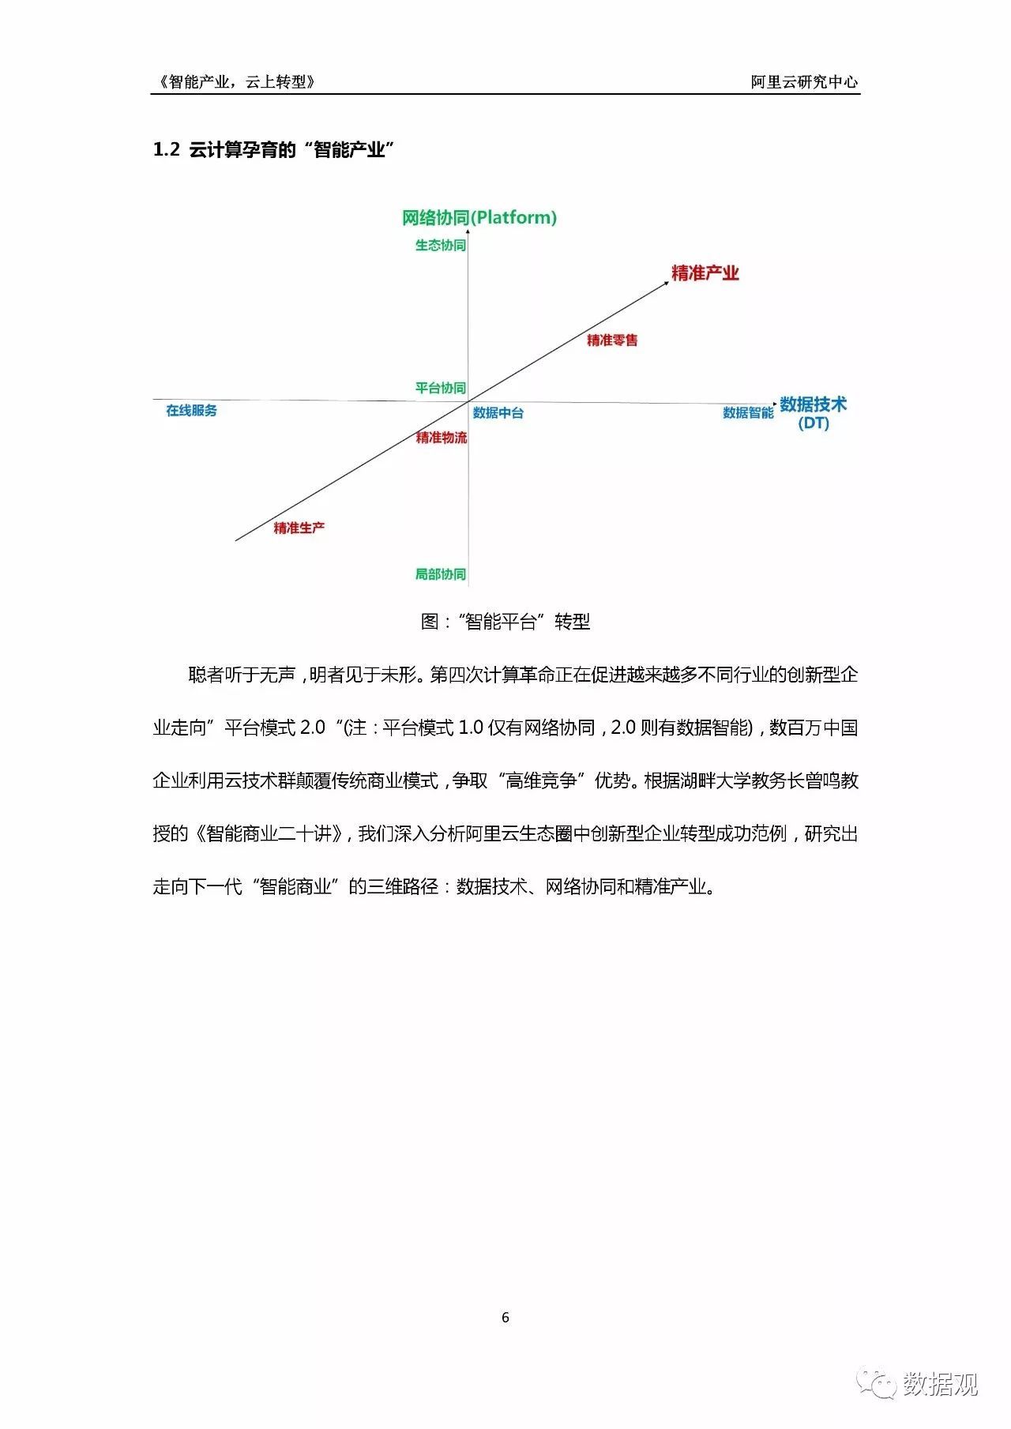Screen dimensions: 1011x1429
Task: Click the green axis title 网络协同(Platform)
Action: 479,217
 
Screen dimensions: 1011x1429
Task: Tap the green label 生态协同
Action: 441,246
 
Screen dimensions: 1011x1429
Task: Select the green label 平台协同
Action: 441,388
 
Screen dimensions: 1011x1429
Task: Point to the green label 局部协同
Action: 441,574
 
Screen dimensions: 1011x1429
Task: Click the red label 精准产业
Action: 705,273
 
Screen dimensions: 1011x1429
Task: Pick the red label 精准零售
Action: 612,340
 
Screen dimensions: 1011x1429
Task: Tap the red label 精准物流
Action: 442,438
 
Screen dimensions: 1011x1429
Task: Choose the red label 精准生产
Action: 299,528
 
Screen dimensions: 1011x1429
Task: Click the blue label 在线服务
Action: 191,411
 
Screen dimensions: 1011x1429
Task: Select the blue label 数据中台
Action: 498,413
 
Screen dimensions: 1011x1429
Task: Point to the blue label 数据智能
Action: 748,413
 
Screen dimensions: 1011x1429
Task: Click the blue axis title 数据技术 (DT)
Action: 814,413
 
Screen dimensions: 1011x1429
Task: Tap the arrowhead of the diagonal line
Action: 666,282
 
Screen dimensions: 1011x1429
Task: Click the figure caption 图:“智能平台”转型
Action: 505,622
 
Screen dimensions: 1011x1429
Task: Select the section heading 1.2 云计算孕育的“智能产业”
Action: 273,149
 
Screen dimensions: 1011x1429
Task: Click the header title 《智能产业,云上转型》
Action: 237,81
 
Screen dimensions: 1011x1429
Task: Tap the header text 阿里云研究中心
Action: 805,81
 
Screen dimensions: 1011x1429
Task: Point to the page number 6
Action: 505,1317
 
